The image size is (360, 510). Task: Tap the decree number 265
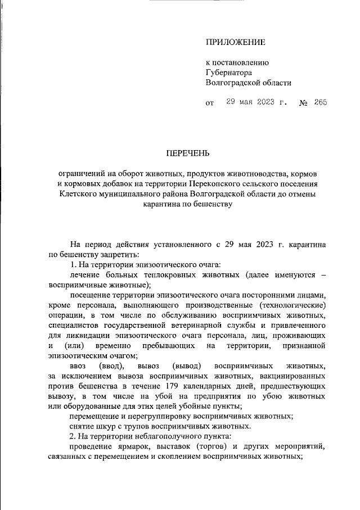[321, 102]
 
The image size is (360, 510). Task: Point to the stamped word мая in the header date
[249, 102]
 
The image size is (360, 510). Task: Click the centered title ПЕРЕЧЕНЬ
[187, 153]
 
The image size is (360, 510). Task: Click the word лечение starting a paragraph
[85, 275]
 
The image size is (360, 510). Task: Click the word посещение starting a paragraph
[91, 295]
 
